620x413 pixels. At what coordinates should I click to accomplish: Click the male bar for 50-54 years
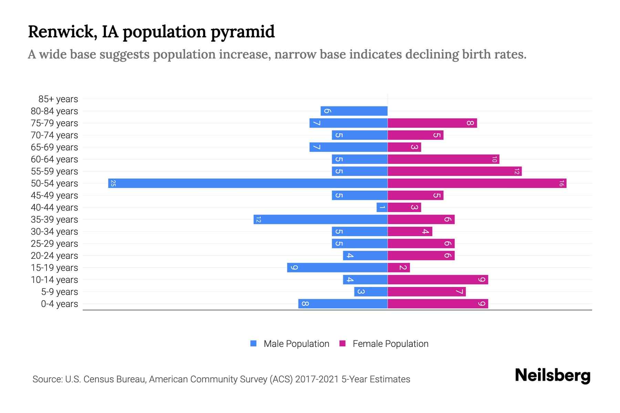tap(248, 183)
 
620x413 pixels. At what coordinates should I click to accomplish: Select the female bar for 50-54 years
tap(477, 183)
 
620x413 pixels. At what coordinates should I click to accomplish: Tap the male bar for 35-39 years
tap(320, 219)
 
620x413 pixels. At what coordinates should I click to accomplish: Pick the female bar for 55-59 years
tap(455, 171)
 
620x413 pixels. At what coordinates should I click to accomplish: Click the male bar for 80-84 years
tap(354, 111)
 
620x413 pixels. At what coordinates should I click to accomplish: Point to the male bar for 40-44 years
tap(382, 207)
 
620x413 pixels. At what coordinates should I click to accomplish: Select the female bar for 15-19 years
tap(399, 267)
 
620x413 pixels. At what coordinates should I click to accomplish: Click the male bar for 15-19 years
tap(338, 267)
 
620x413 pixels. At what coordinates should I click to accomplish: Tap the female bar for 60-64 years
tap(443, 159)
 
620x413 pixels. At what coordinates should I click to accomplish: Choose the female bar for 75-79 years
tap(432, 123)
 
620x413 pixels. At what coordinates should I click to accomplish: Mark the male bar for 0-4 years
tap(343, 304)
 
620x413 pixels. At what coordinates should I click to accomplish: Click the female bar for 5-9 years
tap(427, 292)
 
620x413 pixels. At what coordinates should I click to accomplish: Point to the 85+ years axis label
tap(58, 99)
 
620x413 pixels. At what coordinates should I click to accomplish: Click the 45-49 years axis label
tap(54, 195)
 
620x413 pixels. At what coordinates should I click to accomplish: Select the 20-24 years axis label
tap(54, 256)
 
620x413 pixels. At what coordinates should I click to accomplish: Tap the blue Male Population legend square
tap(254, 343)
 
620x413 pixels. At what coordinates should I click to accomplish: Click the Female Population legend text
tap(390, 344)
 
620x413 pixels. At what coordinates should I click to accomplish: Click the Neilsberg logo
tap(552, 375)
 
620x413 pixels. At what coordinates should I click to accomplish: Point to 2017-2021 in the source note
tap(317, 379)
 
